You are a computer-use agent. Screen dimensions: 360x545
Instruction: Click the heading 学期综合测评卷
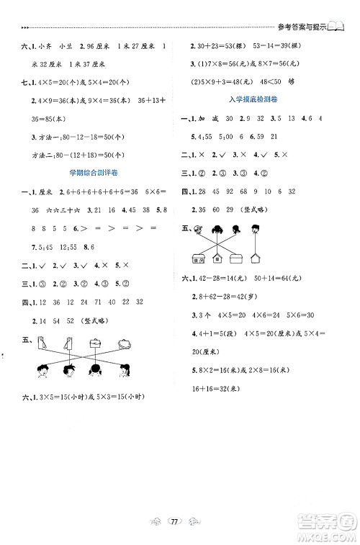click(91, 172)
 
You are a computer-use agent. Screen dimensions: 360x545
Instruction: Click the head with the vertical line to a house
click(256, 230)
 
